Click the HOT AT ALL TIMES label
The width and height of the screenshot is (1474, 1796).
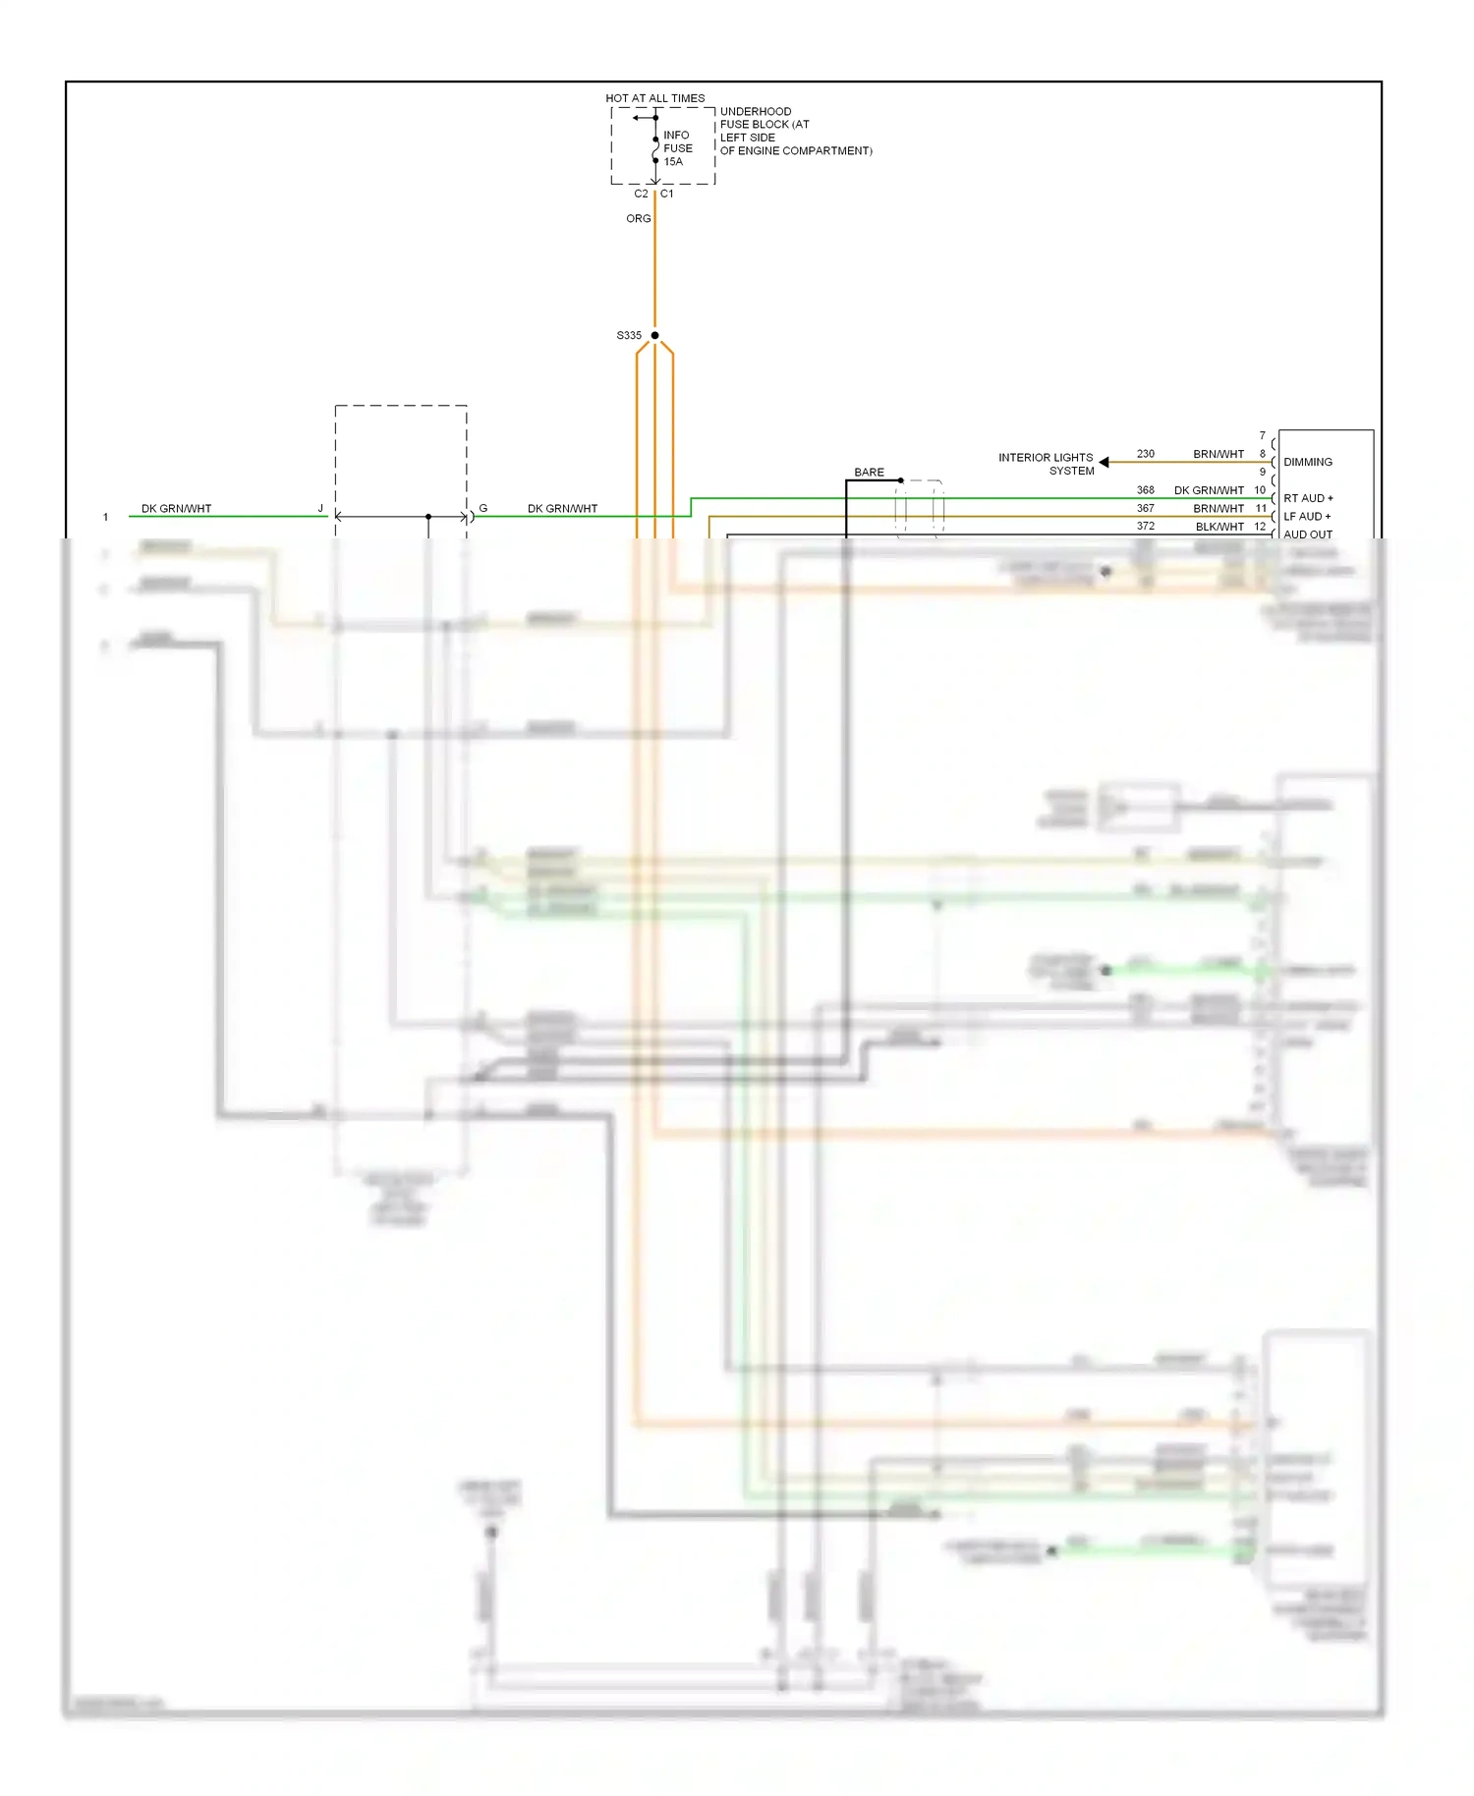point(654,98)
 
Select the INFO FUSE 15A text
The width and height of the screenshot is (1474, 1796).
point(677,148)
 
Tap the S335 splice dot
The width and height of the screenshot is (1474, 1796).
point(654,335)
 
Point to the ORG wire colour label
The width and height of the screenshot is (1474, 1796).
point(638,218)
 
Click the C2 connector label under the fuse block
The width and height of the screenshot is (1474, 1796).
point(641,194)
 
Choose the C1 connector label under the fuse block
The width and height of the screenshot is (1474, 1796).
point(667,194)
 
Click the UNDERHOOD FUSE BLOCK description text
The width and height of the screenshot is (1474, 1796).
point(795,131)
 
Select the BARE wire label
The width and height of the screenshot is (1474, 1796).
point(869,473)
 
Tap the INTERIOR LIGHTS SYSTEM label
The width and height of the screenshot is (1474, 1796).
point(1046,464)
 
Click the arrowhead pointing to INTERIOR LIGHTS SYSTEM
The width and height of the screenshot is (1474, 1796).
point(1104,462)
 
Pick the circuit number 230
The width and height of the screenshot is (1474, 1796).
point(1146,454)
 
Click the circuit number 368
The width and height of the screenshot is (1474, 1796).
point(1146,490)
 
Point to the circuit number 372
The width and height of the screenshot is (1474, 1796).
point(1146,527)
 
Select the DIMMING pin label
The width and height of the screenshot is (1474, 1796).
point(1308,462)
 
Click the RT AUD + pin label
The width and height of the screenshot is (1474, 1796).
point(1308,498)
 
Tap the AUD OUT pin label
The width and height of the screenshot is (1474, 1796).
point(1308,534)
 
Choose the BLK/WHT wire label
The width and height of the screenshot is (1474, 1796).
point(1219,527)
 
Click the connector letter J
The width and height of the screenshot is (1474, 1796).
point(320,509)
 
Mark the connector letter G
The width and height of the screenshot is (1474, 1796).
point(482,509)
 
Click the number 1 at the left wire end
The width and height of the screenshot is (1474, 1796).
point(106,517)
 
